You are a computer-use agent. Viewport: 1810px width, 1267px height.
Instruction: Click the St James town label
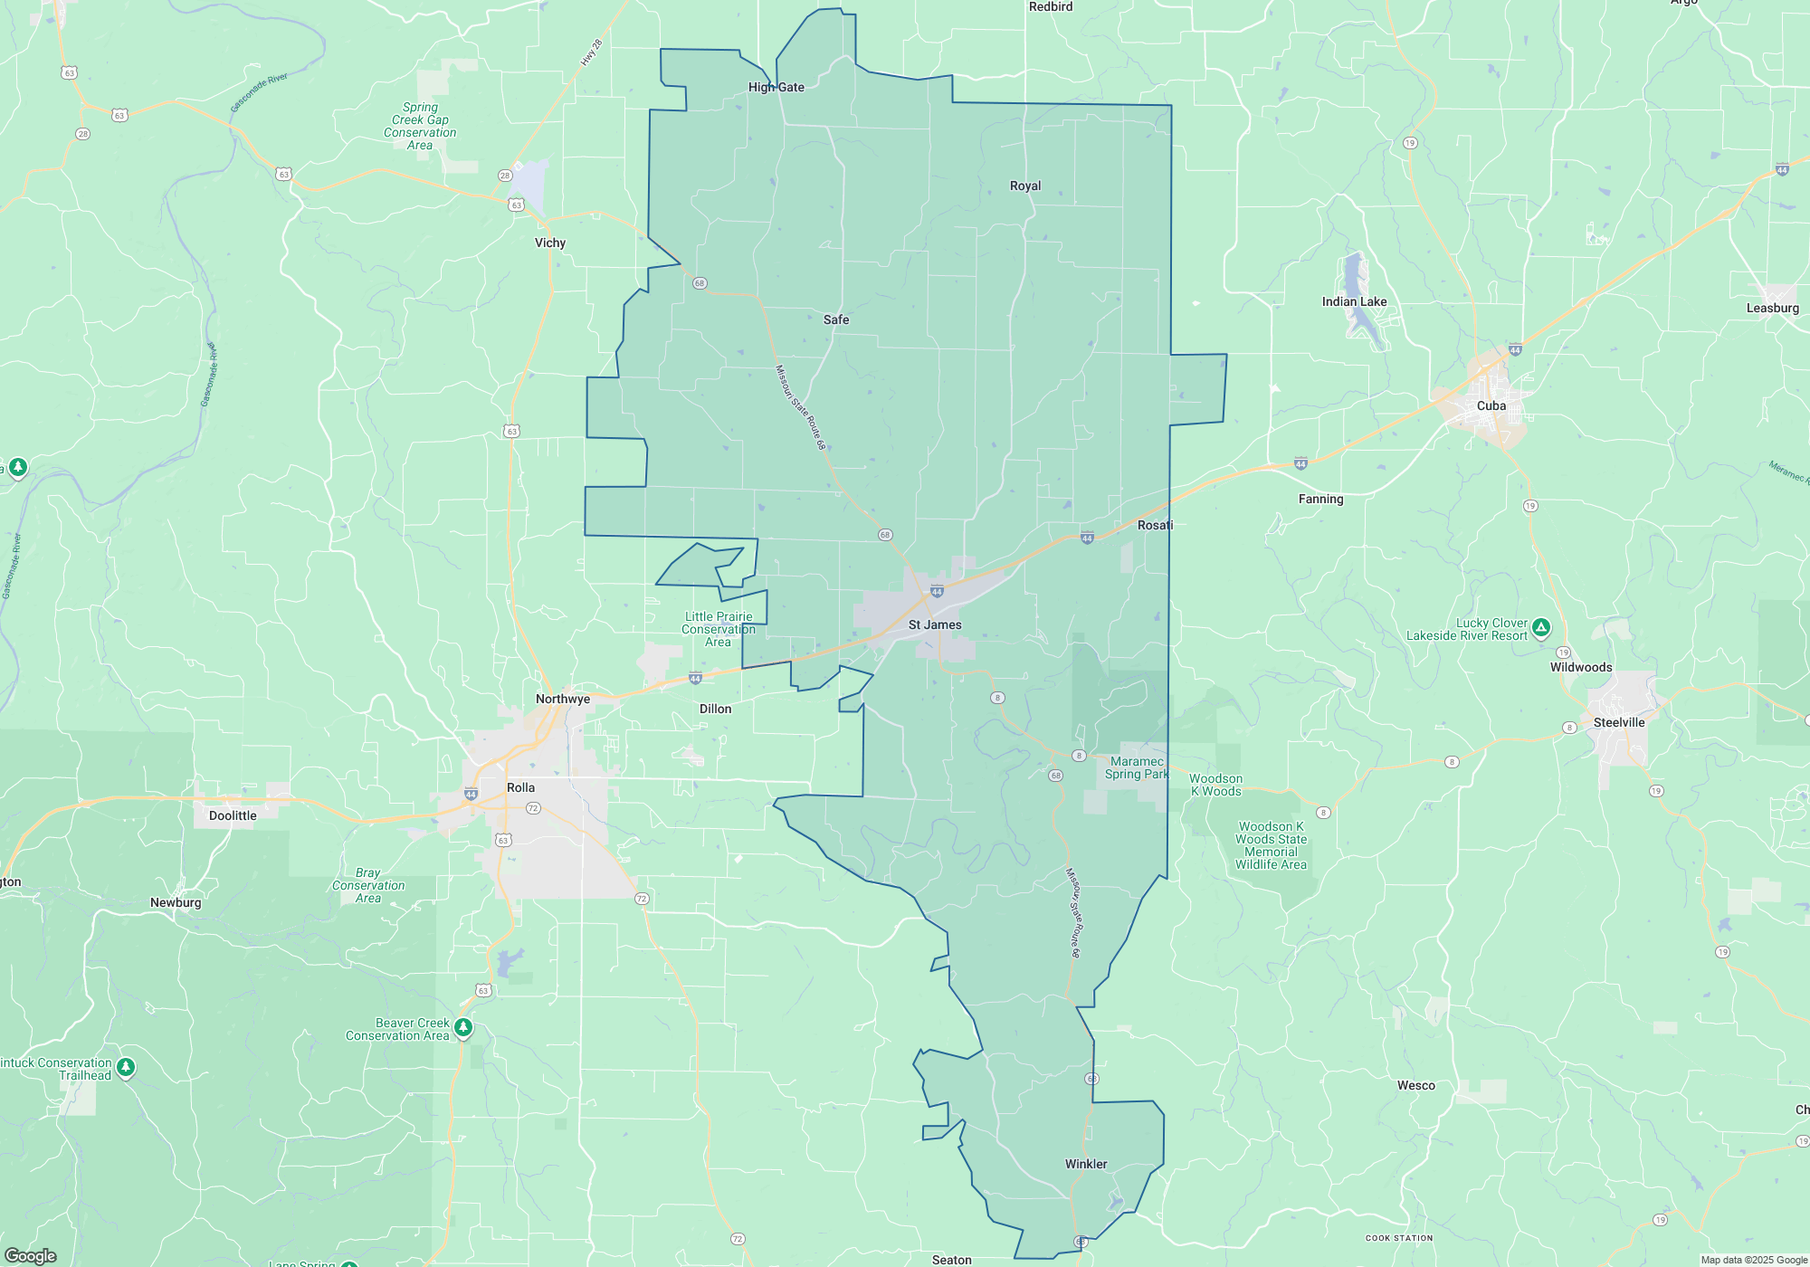(x=935, y=624)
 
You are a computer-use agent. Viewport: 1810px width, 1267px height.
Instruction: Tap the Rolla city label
(x=520, y=787)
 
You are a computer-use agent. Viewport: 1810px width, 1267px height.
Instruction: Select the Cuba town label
(x=1491, y=405)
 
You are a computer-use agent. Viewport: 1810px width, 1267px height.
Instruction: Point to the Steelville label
(x=1619, y=722)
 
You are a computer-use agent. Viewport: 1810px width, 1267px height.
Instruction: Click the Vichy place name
(x=550, y=243)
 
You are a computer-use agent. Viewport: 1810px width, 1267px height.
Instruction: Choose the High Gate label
(x=776, y=87)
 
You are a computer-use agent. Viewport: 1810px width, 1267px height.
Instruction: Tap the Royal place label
(x=1025, y=186)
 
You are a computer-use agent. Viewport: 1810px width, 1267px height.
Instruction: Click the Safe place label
(x=836, y=319)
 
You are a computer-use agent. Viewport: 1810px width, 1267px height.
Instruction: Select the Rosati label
(x=1155, y=525)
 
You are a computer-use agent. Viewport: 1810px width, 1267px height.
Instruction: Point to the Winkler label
(x=1086, y=1164)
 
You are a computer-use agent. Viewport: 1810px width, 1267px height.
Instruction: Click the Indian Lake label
(x=1354, y=301)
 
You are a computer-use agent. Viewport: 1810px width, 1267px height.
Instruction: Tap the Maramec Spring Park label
(x=1137, y=767)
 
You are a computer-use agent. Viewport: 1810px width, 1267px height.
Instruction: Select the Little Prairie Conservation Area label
(x=719, y=629)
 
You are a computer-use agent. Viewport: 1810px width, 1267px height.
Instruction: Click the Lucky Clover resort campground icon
(x=1541, y=627)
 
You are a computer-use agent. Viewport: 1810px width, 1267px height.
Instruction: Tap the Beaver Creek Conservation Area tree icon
(x=463, y=1027)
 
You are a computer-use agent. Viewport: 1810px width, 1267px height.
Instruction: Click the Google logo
(x=31, y=1256)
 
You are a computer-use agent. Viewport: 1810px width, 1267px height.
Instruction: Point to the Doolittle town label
(x=233, y=815)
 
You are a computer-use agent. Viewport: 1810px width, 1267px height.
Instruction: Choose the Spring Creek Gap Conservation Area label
(x=420, y=126)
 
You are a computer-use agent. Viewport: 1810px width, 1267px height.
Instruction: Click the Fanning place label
(x=1320, y=499)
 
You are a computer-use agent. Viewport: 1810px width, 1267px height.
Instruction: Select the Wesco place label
(x=1415, y=1085)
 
